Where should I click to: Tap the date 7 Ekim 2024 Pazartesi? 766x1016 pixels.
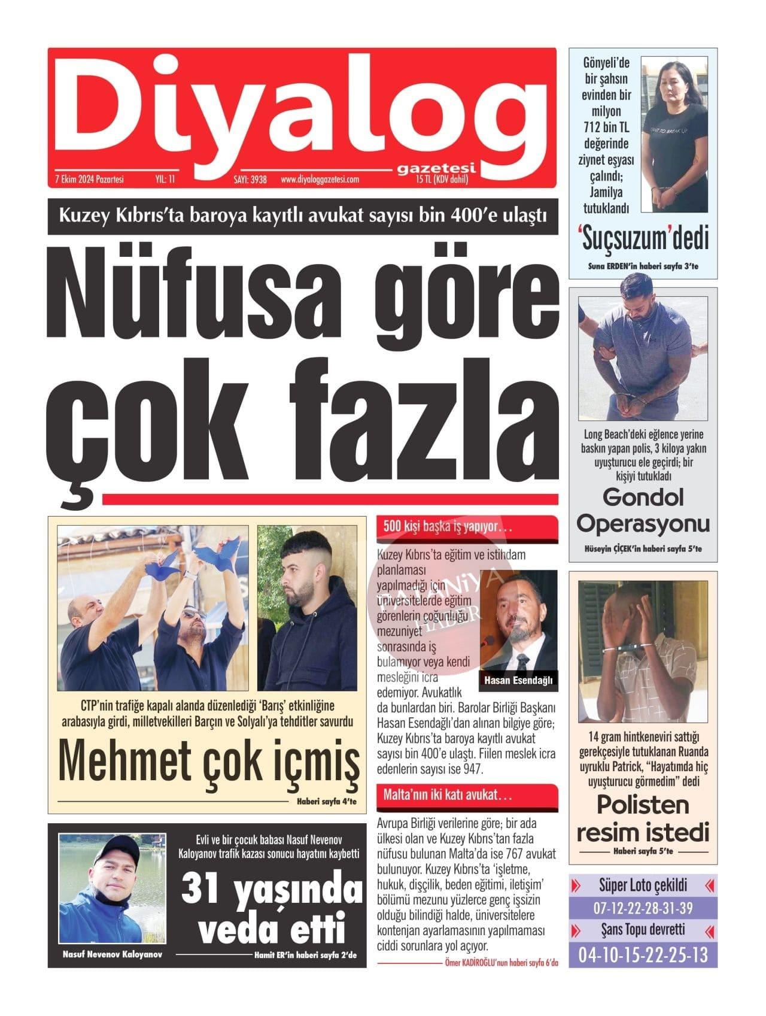pos(89,179)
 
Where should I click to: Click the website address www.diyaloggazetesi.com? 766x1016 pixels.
pos(320,179)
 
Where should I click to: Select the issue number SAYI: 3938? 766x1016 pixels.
pos(250,179)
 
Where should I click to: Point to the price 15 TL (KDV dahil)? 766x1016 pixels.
pos(442,179)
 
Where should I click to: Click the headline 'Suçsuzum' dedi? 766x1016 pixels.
pos(643,238)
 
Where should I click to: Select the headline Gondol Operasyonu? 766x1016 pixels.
pos(643,510)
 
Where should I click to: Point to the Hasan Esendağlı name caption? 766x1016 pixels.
pos(519,680)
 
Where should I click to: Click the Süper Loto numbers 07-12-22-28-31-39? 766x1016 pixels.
pos(643,908)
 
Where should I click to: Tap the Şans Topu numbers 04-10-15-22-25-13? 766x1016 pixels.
pos(643,955)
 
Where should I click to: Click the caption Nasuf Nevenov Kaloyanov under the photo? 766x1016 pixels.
pos(112,954)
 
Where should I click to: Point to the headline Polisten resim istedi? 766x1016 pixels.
pos(643,819)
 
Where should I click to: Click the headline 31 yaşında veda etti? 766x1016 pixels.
pos(272,909)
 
